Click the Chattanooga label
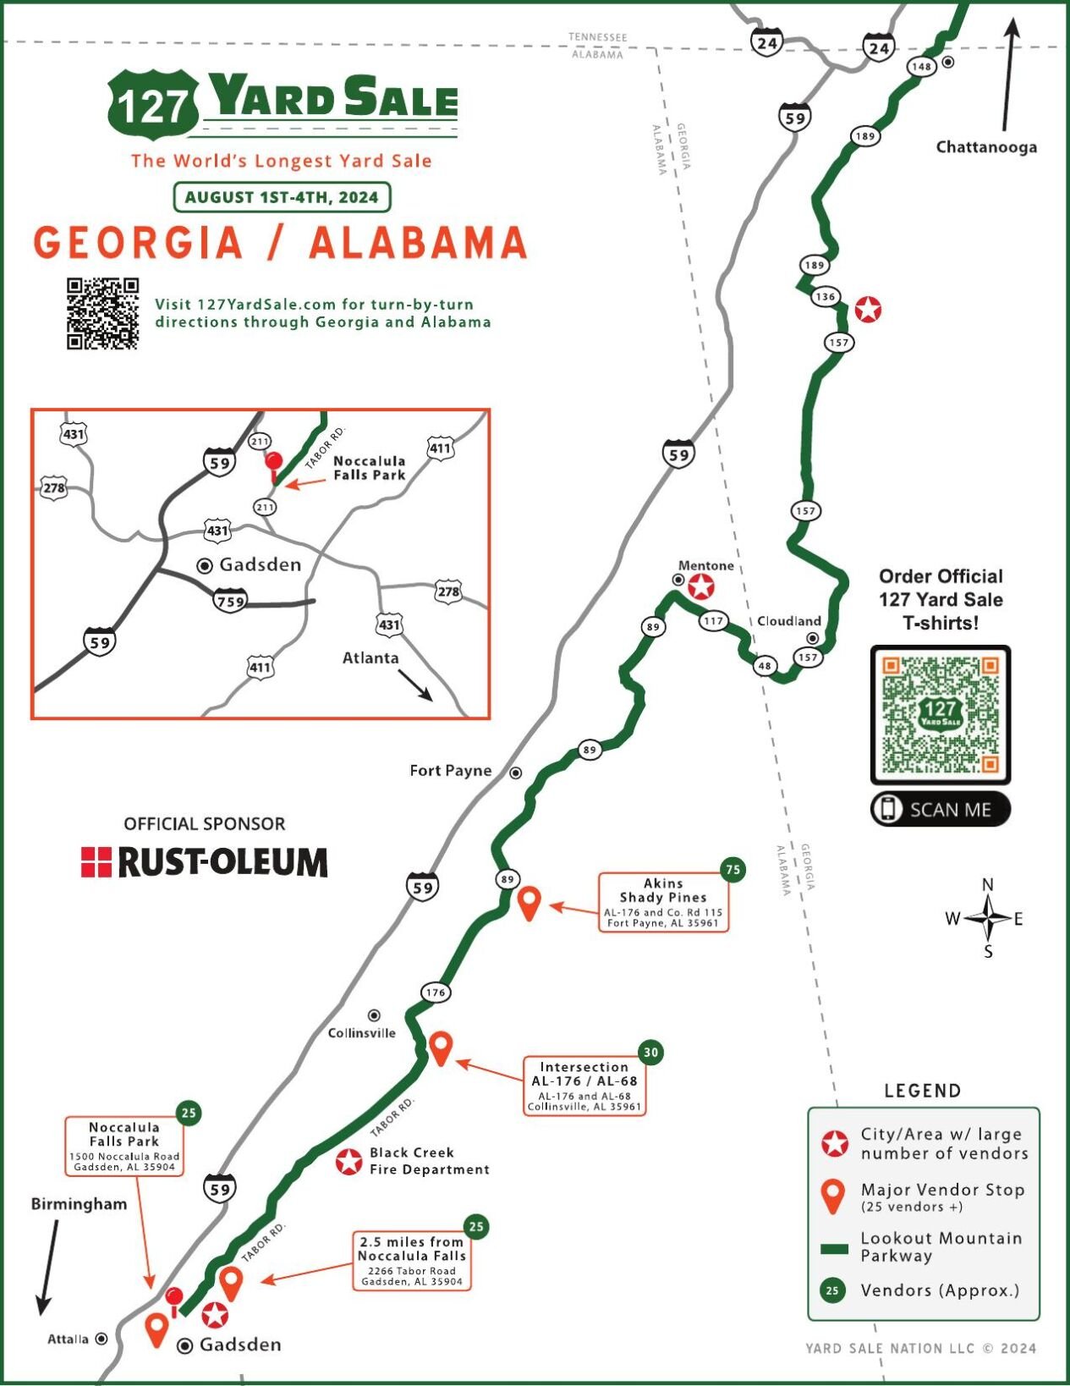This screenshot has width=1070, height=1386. [985, 147]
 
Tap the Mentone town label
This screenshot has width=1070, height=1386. [705, 565]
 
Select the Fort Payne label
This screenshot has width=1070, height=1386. [450, 771]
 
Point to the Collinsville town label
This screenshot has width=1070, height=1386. [361, 1033]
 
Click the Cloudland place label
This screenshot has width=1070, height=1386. [788, 621]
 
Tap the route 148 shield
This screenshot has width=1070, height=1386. [921, 67]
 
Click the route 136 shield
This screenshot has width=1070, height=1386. [825, 296]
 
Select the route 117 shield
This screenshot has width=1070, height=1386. [713, 621]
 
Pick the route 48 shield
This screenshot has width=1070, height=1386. [765, 666]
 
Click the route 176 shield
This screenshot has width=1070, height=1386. [435, 993]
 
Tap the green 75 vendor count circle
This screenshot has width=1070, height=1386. [733, 869]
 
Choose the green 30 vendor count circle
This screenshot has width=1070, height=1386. [650, 1053]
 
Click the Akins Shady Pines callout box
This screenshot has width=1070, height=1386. [663, 903]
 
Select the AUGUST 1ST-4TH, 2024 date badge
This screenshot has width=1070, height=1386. [282, 197]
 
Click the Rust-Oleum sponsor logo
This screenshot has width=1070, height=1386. [204, 861]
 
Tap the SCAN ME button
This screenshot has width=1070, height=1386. [941, 809]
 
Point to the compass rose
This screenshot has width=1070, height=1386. [987, 918]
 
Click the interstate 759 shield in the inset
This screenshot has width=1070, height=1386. [230, 602]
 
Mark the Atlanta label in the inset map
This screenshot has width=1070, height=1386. [370, 658]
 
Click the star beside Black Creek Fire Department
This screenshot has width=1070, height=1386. [348, 1162]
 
